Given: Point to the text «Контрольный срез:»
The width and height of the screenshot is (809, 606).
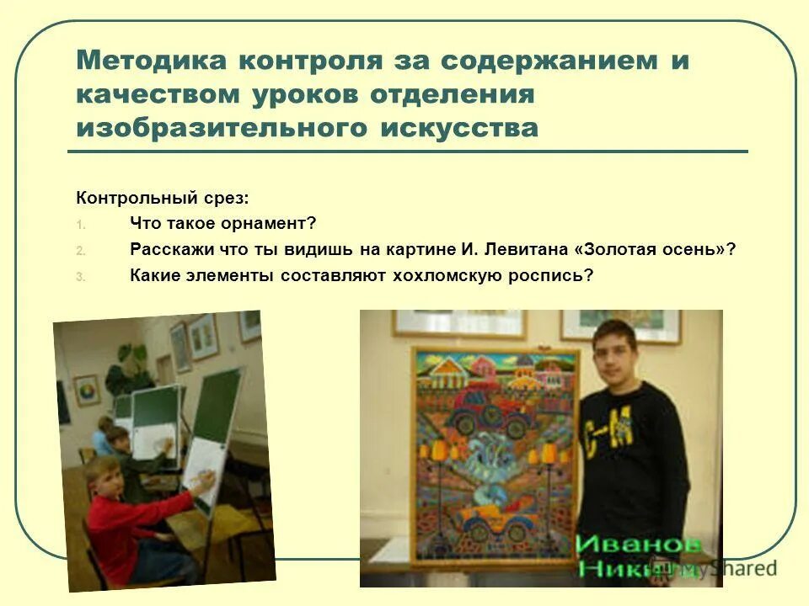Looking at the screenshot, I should pyautogui.click(x=163, y=199).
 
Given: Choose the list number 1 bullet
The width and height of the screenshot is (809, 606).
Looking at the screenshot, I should pyautogui.click(x=81, y=226).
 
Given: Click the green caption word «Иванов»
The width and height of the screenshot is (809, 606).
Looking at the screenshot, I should pyautogui.click(x=639, y=543).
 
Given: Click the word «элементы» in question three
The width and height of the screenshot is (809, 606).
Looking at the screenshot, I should pyautogui.click(x=227, y=275).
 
